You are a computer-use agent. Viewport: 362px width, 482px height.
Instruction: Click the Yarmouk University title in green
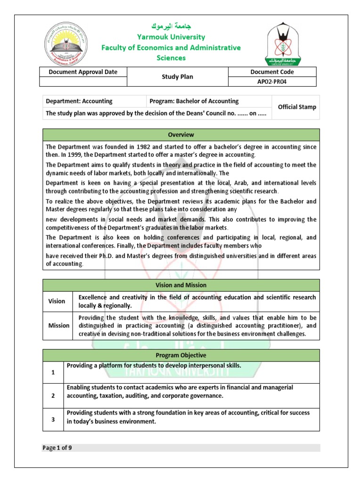click(x=171, y=37)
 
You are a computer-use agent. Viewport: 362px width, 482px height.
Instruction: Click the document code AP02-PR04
click(x=272, y=81)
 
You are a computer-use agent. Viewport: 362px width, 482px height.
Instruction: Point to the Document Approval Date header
click(x=83, y=72)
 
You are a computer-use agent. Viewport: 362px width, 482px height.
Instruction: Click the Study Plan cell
click(x=177, y=77)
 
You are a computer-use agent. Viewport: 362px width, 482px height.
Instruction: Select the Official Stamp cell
click(x=297, y=107)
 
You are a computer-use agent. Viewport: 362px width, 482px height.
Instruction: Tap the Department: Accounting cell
click(x=79, y=101)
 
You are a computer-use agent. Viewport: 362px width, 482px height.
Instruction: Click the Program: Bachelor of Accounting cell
click(x=194, y=101)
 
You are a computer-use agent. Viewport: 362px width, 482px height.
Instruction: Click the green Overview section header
click(x=181, y=135)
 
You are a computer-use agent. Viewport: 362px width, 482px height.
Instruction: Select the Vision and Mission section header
click(x=181, y=285)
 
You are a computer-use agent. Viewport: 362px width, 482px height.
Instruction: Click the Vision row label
click(x=57, y=301)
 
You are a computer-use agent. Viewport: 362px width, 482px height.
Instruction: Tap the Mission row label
click(x=59, y=325)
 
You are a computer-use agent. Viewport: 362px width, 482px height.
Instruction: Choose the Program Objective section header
click(x=181, y=355)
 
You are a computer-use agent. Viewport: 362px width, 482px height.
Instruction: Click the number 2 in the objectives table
click(x=53, y=396)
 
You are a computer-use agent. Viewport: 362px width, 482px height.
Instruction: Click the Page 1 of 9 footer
click(x=58, y=448)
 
